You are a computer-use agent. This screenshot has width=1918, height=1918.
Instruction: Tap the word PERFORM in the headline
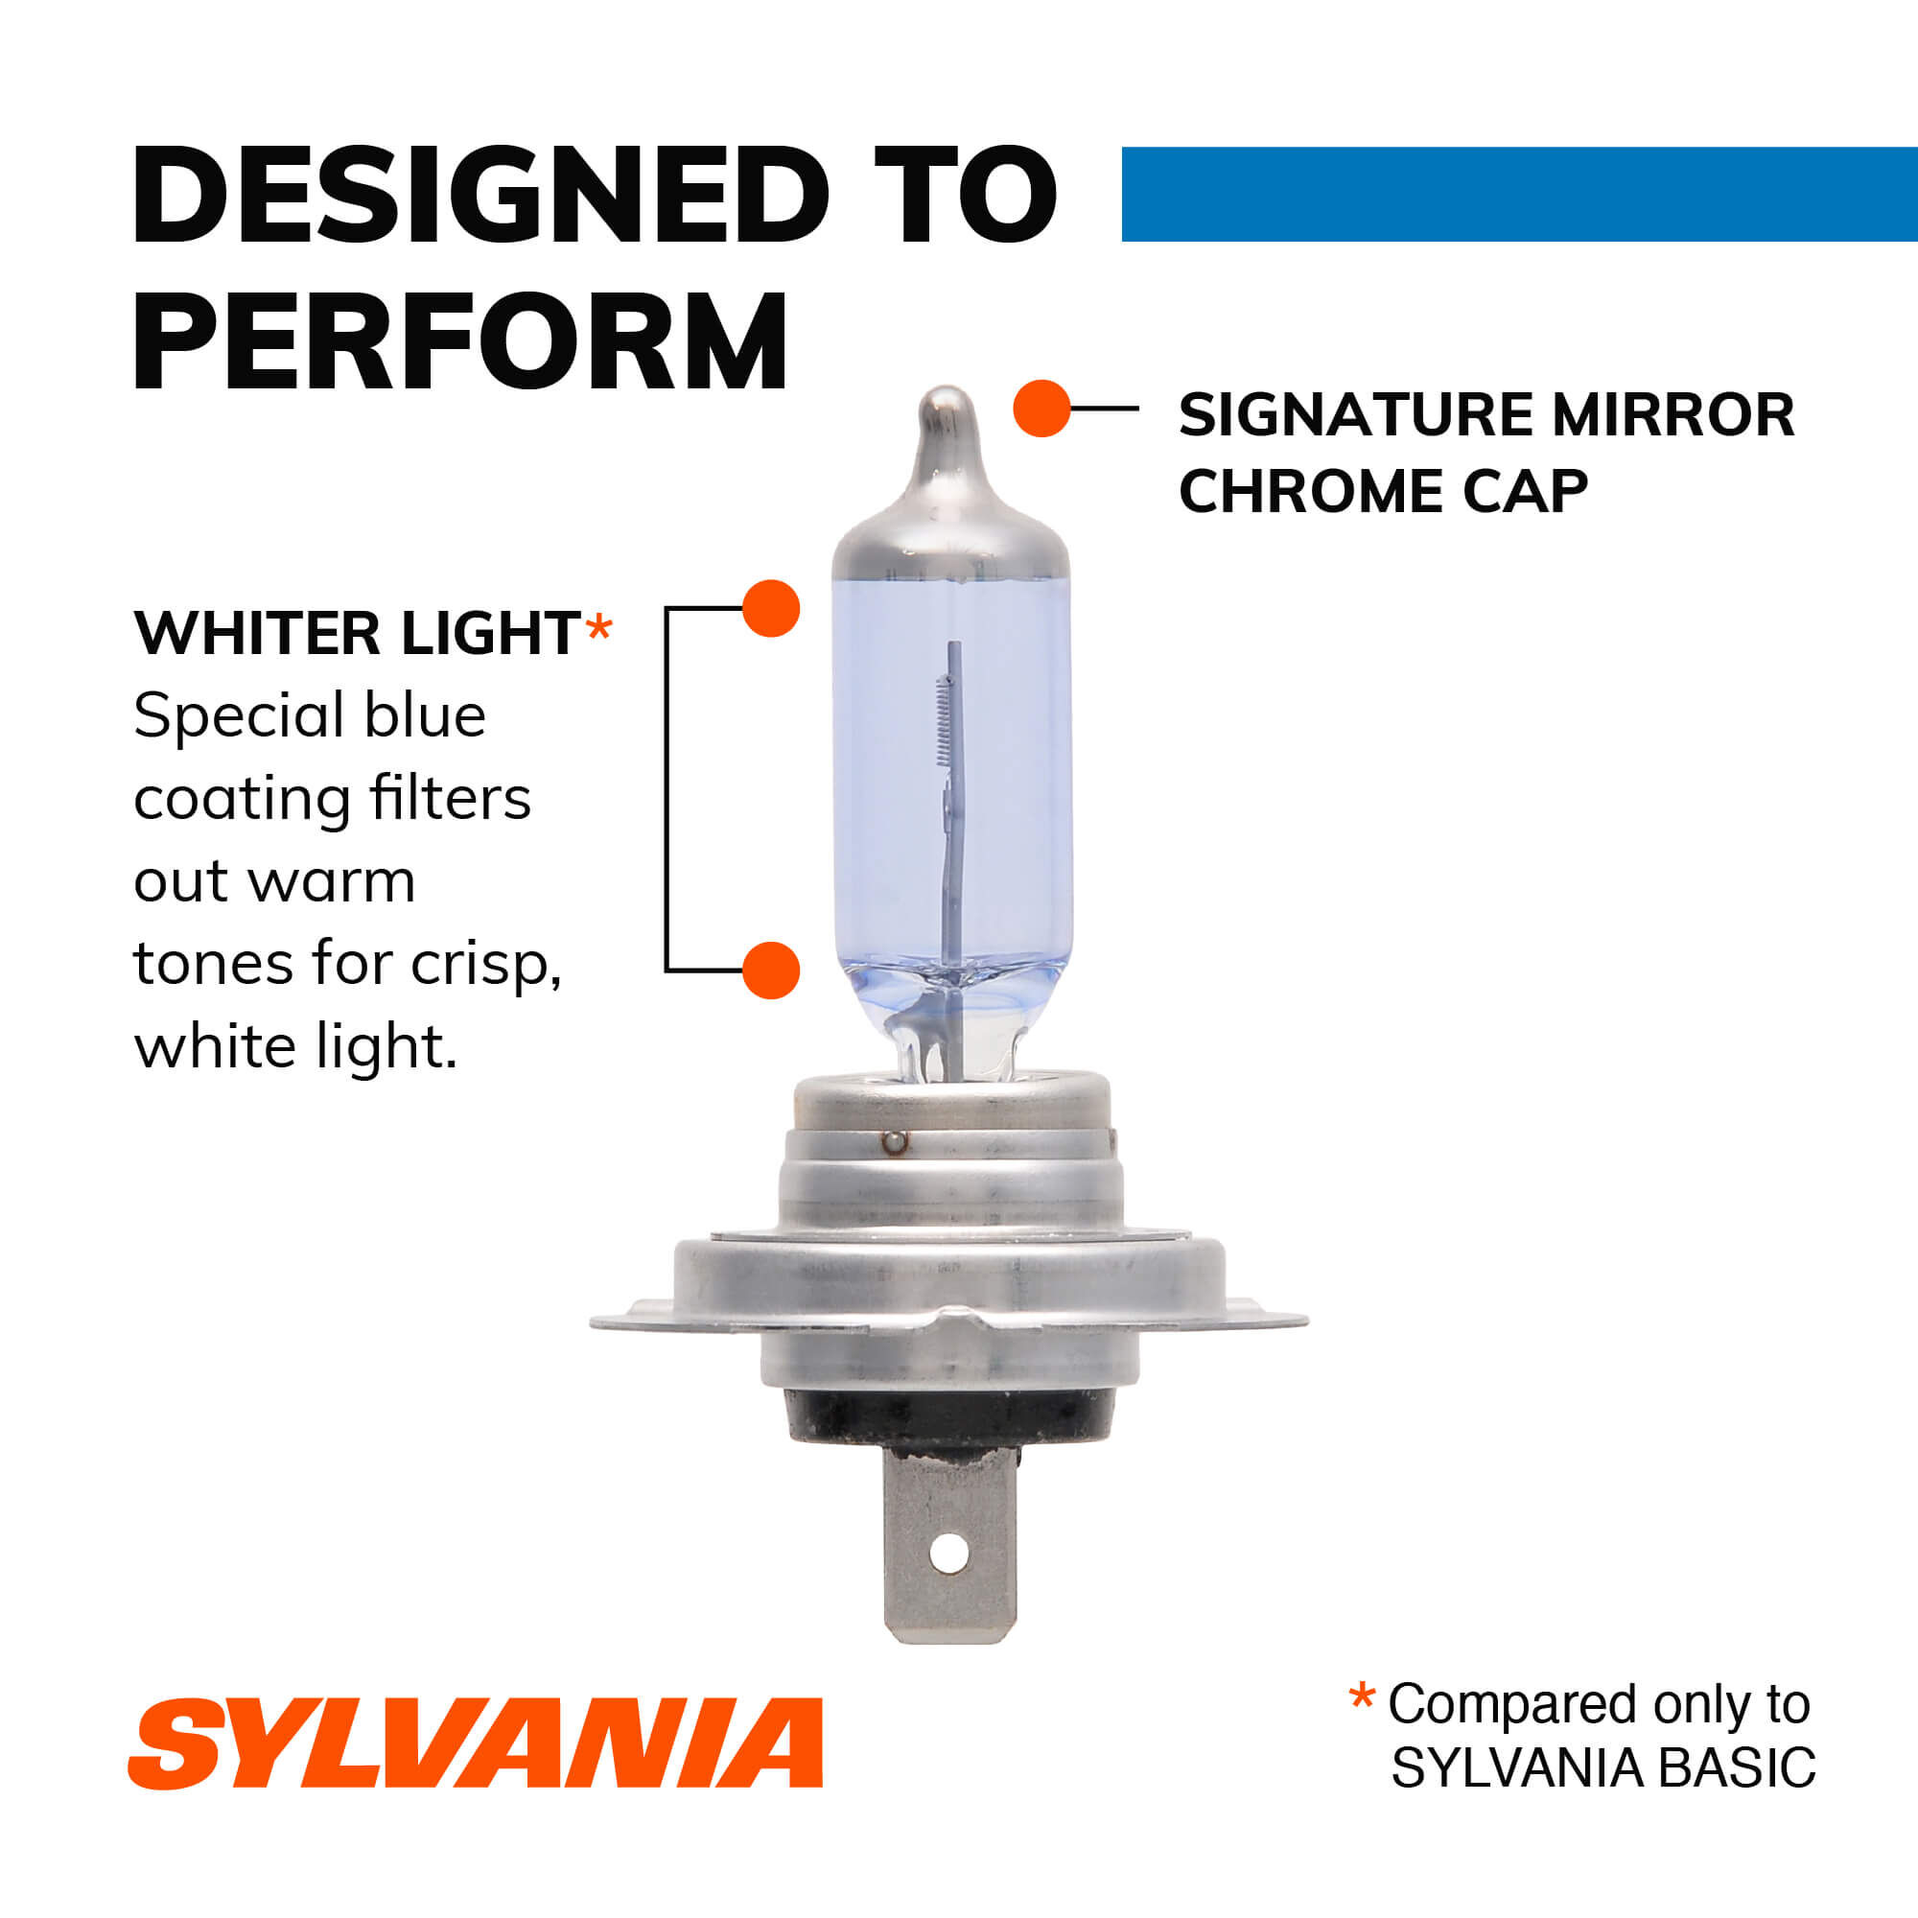459,342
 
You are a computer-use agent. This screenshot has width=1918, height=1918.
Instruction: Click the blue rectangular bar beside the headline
1518,195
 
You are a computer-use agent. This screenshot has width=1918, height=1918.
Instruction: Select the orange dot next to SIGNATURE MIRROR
1041,408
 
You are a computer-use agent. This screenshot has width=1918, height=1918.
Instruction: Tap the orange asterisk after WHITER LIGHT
598,627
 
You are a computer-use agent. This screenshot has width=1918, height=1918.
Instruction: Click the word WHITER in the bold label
257,633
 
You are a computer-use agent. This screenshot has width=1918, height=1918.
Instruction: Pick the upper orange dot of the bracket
771,609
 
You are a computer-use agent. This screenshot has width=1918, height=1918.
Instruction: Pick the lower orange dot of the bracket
771,970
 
